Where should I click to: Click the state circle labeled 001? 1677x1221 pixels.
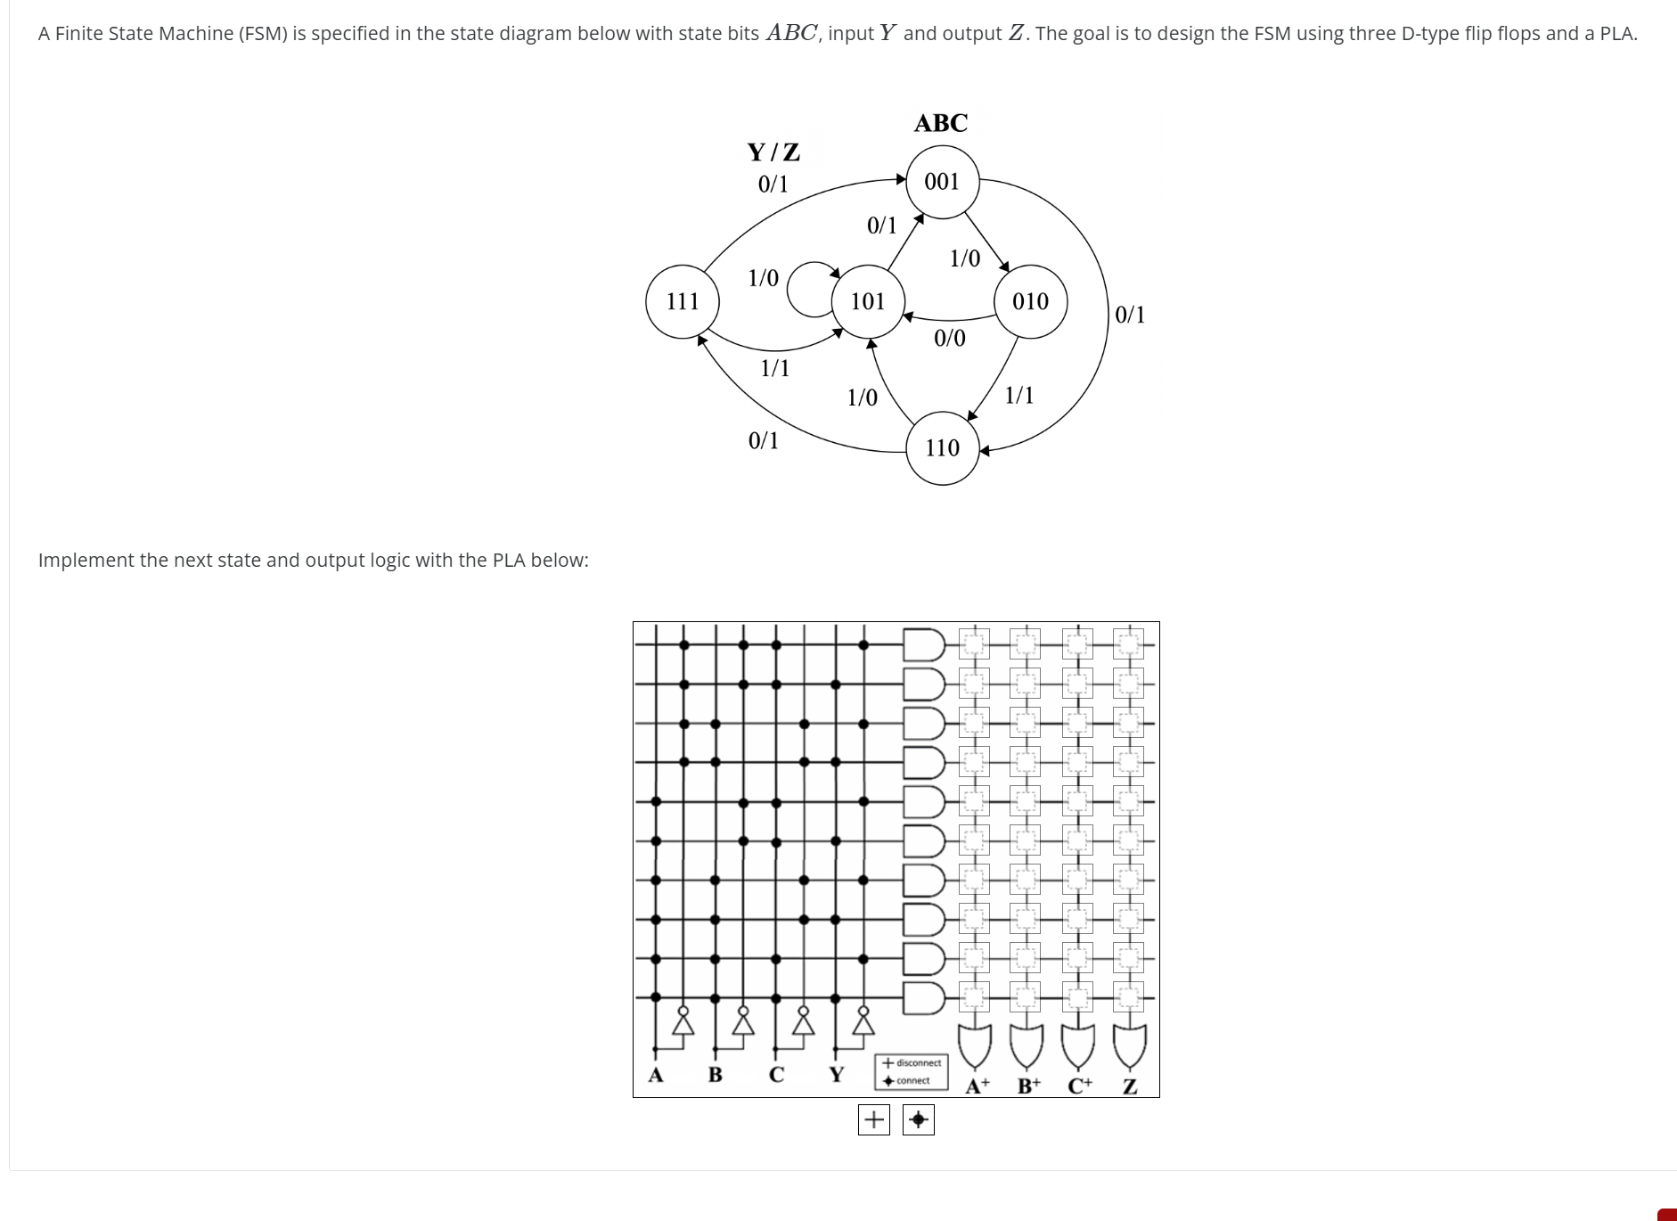pos(942,182)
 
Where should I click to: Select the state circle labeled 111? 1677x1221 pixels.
pos(683,301)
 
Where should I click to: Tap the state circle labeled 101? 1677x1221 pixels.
pos(868,301)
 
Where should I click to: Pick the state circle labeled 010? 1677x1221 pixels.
pos(1030,301)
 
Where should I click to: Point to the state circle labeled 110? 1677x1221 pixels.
pos(943,447)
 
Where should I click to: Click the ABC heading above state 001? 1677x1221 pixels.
pos(940,123)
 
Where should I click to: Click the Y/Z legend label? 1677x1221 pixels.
pos(773,152)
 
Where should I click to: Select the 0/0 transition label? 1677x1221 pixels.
pos(949,338)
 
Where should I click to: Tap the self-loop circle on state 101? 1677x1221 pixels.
pos(809,289)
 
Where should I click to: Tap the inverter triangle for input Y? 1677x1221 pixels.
pos(863,1025)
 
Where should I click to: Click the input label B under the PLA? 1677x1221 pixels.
pos(715,1075)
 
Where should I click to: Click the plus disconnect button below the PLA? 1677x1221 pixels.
pos(873,1119)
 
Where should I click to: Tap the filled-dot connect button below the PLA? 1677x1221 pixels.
pos(918,1119)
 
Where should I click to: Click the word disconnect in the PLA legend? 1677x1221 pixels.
pos(918,1062)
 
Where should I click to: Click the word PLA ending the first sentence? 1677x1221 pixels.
pos(1616,34)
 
